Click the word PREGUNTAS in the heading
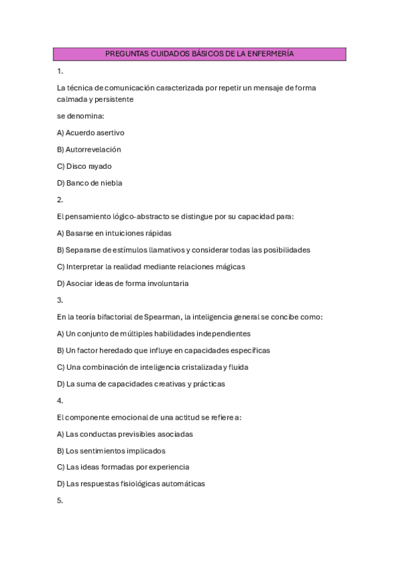click(x=125, y=54)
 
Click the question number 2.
click(x=60, y=200)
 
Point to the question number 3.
click(x=60, y=300)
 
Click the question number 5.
click(x=60, y=501)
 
